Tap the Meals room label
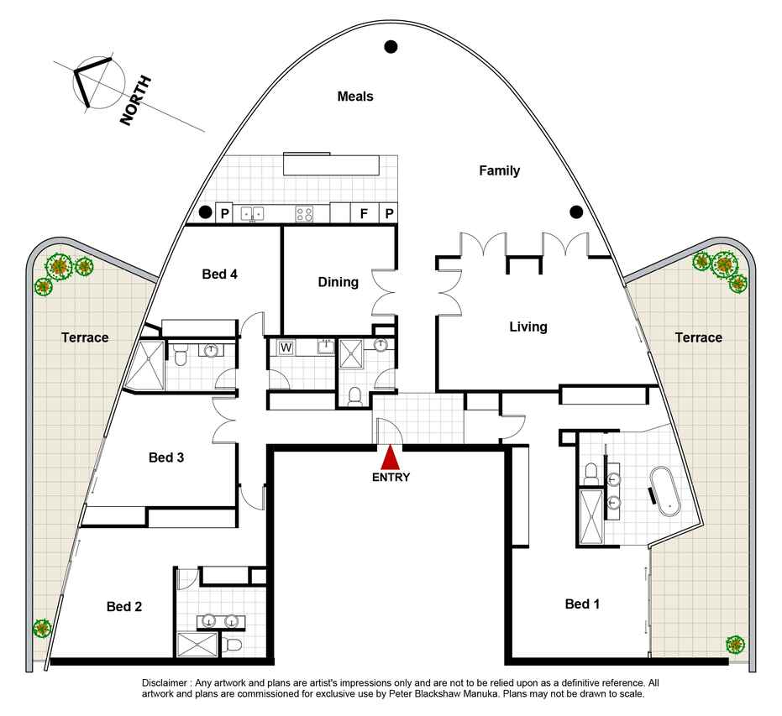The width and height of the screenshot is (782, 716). (355, 97)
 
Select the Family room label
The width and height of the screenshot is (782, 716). (499, 170)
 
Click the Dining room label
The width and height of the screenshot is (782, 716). (339, 282)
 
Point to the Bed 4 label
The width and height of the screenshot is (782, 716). (219, 274)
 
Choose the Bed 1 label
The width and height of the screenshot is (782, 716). (582, 604)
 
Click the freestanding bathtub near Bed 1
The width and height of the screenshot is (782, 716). (664, 491)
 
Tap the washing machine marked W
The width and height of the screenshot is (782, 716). (286, 348)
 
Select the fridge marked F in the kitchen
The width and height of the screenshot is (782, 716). (365, 213)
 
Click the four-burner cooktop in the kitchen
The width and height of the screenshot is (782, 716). (304, 214)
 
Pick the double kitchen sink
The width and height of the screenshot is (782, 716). (253, 214)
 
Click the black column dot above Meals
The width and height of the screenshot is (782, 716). (391, 47)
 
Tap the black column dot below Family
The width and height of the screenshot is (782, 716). (576, 212)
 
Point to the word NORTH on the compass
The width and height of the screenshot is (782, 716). (135, 101)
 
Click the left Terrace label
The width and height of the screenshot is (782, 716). (85, 337)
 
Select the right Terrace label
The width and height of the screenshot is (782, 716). (698, 337)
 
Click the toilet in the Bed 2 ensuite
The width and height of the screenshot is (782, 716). (232, 645)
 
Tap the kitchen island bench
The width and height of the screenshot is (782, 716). (331, 164)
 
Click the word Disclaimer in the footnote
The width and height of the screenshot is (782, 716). (165, 682)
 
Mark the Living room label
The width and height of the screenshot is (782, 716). (528, 327)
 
